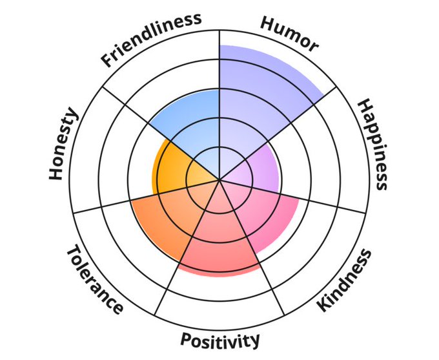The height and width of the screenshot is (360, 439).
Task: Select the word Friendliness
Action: pos(150,39)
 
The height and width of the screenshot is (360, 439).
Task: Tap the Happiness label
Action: pos(373,144)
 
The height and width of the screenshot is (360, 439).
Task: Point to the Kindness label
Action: pos(345,279)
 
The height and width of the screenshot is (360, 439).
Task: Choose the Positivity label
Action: pos(220,339)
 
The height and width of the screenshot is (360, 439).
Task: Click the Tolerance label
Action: pos(95,281)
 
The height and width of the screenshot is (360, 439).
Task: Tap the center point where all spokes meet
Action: pos(219,179)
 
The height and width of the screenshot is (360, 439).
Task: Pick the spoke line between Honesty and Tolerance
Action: pos(116,203)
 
